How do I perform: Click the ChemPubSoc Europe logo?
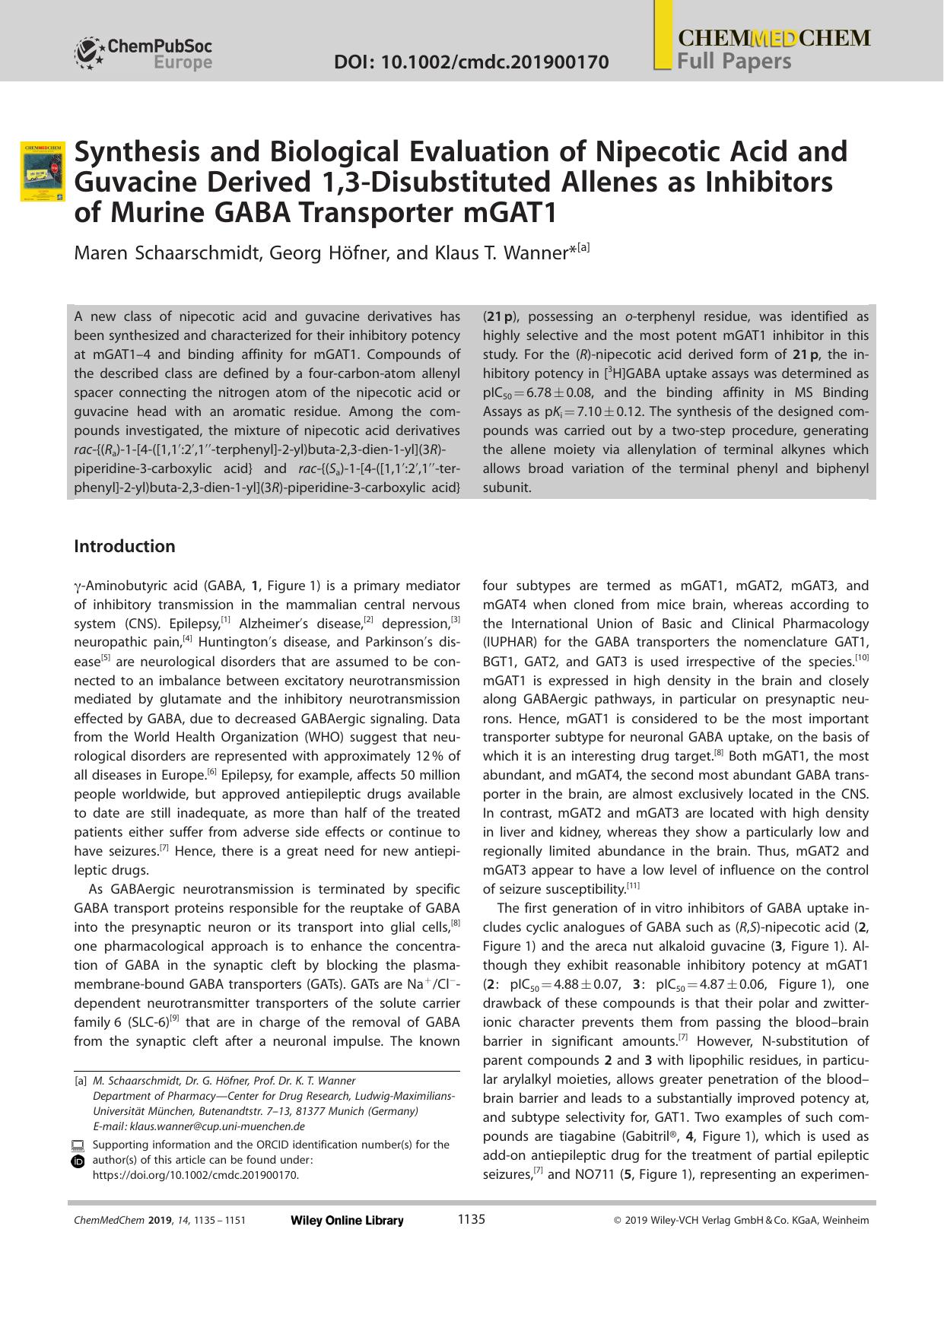point(143,53)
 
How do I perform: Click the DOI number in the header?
point(471,62)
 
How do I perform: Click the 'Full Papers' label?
point(734,62)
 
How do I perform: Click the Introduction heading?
point(124,546)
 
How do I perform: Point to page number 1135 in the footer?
point(471,1219)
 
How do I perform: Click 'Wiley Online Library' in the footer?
point(347,1220)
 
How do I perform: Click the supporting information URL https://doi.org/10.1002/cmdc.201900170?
point(195,1175)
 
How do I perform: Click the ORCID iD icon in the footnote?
point(78,1161)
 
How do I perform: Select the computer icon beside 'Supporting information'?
point(78,1145)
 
